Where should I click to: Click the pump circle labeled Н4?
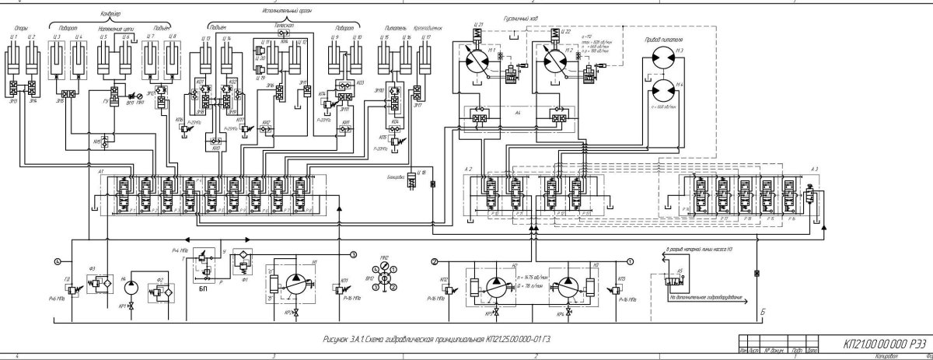coord(130,286)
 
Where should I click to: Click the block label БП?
coord(203,287)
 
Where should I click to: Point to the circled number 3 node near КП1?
coord(352,254)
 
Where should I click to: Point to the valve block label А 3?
coord(813,170)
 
